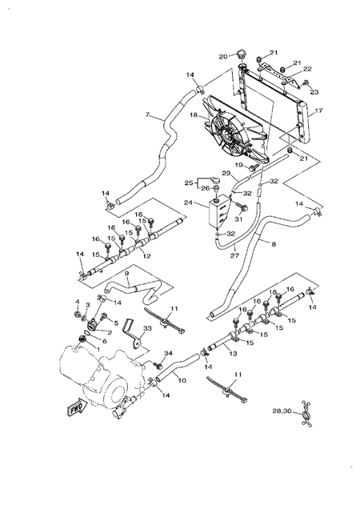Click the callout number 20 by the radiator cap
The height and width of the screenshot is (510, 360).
[x=224, y=55]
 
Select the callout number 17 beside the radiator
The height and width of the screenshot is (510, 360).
[x=318, y=111]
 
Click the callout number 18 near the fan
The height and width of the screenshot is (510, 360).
[x=193, y=116]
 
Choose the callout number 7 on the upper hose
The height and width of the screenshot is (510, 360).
[x=146, y=117]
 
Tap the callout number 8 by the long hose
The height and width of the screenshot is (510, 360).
[x=274, y=242]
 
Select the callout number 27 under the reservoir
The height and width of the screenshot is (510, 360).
[x=235, y=256]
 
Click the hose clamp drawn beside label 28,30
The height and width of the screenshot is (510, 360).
[x=304, y=414]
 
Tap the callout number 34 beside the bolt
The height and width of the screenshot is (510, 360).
[x=168, y=353]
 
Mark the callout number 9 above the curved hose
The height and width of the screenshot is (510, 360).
[x=126, y=274]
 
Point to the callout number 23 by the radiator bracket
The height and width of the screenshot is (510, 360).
[x=314, y=92]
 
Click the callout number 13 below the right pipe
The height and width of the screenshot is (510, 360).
[x=233, y=353]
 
